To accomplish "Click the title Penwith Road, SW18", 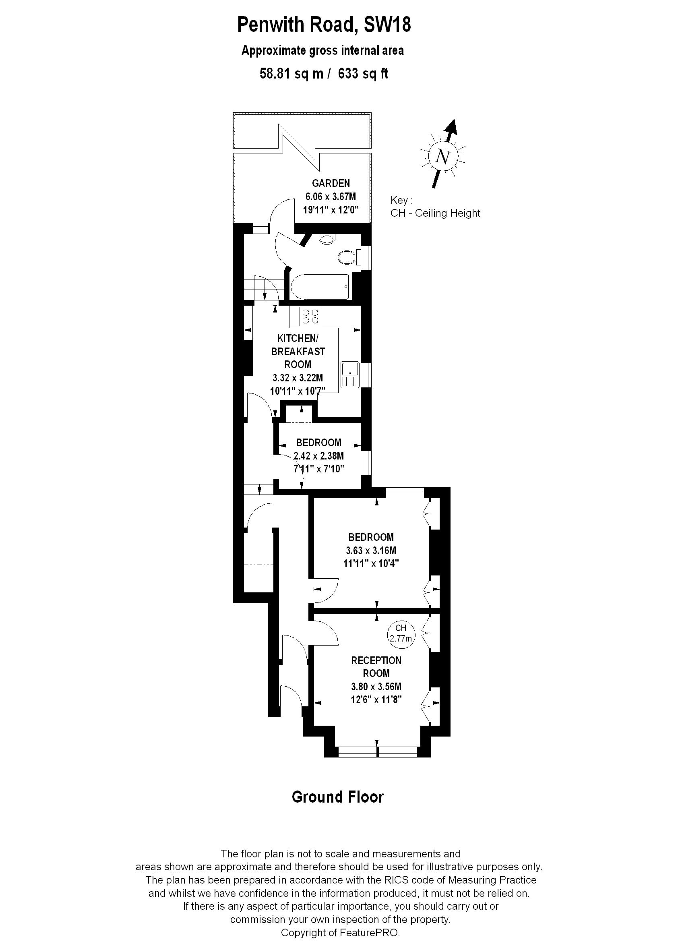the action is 324,25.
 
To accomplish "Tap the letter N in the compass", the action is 442,157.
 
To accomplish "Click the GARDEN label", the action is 331,183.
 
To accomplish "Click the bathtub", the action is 319,286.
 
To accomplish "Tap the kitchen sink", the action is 350,374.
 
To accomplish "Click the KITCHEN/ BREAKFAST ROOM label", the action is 298,351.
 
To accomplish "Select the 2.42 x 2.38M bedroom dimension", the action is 318,455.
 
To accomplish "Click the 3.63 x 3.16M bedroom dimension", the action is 371,551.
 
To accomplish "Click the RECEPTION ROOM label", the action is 376,667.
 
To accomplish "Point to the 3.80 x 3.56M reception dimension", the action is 376,687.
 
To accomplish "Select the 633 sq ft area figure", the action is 363,74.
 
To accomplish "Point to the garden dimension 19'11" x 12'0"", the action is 331,209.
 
